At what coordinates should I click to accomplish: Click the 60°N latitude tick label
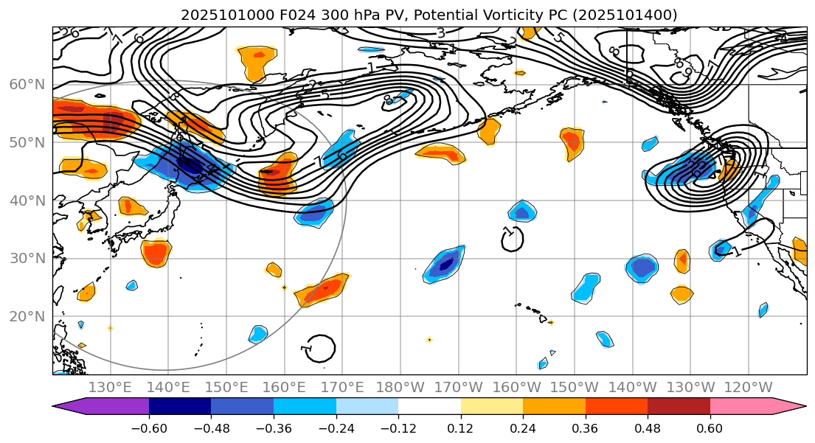(27, 84)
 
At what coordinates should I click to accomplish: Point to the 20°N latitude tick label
(27, 317)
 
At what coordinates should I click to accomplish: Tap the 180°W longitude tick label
(401, 387)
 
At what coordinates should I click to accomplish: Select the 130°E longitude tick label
(111, 387)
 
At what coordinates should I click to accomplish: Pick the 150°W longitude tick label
(575, 387)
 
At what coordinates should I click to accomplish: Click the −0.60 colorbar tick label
(149, 428)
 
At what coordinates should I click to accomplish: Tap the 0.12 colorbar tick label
(461, 428)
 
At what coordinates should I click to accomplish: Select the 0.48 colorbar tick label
(648, 428)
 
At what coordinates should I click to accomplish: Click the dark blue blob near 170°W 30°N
(445, 263)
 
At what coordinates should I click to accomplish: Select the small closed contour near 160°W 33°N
(512, 238)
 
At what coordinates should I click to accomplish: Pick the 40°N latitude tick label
(27, 200)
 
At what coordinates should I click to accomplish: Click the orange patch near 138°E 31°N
(156, 253)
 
